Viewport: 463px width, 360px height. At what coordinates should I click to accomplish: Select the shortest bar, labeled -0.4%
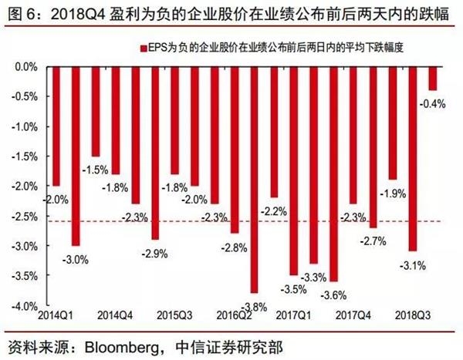click(x=433, y=79)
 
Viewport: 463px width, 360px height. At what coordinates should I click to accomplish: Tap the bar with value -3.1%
click(x=414, y=159)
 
